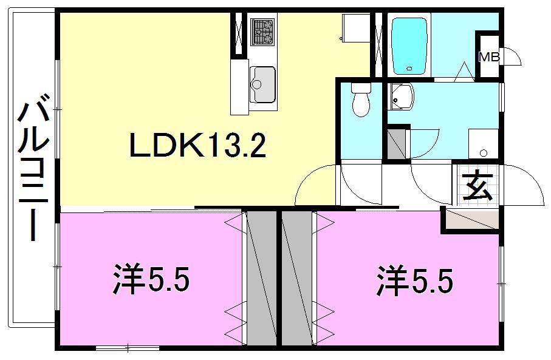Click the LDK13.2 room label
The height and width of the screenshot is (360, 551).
(197, 145)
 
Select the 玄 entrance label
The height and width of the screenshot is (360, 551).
(478, 186)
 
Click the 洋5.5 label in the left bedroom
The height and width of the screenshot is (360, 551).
(151, 281)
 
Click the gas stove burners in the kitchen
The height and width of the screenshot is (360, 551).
(262, 31)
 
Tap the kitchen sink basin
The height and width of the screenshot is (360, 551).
(262, 84)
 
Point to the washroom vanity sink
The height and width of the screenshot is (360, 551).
(401, 97)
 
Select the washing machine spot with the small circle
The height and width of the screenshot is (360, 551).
(483, 145)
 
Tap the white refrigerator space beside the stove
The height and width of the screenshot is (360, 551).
(353, 27)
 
